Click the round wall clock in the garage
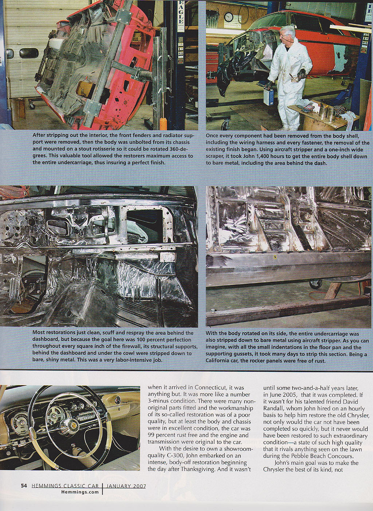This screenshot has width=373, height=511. pyautogui.click(x=228, y=17)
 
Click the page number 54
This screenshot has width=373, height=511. pyautogui.click(x=24, y=486)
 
